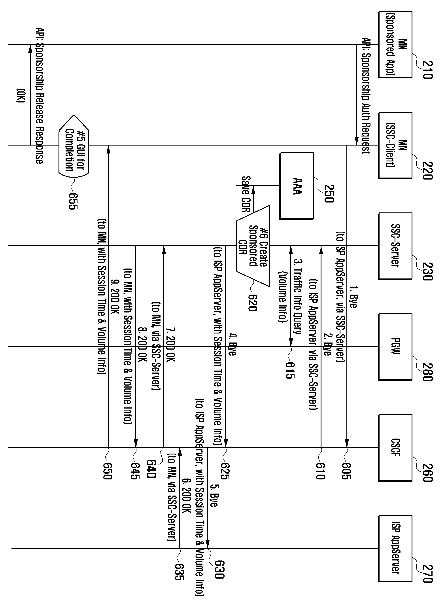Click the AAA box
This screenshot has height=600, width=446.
pos(297,186)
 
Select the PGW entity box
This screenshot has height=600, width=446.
pos(395,347)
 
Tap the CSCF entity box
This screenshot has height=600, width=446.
pos(395,447)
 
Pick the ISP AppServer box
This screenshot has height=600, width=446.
pos(395,548)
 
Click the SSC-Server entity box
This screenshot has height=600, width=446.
pos(395,246)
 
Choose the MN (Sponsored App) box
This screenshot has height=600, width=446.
pos(395,45)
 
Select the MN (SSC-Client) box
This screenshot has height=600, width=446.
pos(395,145)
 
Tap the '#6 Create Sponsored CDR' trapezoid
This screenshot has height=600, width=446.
pos(253,246)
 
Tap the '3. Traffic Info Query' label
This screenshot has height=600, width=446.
pos(297,297)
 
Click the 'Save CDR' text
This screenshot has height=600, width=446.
pos(246,194)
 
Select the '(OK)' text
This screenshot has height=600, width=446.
pos(21,95)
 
